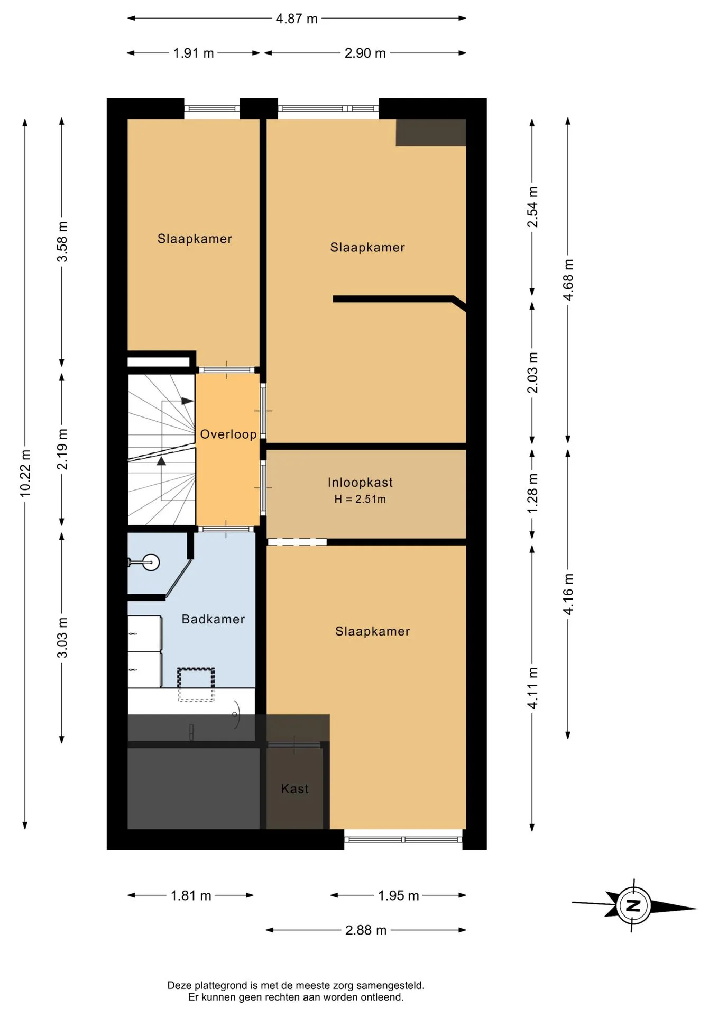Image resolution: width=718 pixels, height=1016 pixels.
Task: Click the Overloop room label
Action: point(228,434)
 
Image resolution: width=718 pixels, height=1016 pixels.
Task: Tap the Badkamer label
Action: point(213,619)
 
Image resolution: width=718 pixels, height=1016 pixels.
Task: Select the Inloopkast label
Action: point(360,483)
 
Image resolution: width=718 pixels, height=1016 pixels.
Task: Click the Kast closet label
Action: point(295,789)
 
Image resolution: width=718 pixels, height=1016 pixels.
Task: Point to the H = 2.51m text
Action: point(360,499)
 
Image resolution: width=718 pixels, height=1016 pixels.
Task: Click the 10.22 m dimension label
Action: point(25,473)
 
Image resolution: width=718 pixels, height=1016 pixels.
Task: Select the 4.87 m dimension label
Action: point(297,19)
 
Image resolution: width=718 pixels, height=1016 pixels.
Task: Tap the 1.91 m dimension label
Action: point(194,53)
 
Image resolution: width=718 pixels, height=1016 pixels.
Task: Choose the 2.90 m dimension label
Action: point(365,53)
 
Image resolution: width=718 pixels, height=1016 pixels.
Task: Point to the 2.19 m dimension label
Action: point(62,449)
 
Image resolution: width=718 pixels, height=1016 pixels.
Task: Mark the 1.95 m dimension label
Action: point(398,896)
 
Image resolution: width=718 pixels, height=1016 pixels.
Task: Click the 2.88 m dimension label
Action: point(366,930)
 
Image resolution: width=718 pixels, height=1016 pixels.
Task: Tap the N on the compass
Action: point(633,905)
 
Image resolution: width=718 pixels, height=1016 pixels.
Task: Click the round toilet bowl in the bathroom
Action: point(151,562)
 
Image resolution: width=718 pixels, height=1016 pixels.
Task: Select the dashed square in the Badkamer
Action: point(196,685)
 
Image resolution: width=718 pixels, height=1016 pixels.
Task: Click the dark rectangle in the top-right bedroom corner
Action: point(431,132)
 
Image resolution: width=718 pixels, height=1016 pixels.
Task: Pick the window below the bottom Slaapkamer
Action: point(403,839)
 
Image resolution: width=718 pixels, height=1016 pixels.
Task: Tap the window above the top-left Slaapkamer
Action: point(212,109)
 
